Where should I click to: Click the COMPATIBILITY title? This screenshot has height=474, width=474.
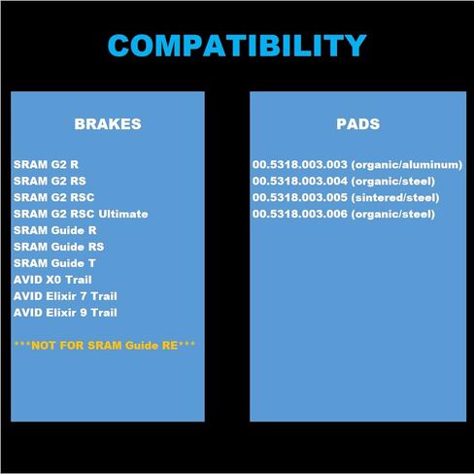point(237,46)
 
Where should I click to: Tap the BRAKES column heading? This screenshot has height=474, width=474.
point(108,124)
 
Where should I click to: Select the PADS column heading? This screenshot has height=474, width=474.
point(358,124)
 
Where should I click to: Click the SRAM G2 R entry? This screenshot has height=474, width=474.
point(46,164)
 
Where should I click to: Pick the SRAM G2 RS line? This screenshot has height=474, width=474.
point(50,181)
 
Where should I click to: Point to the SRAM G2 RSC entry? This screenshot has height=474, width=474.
point(54,197)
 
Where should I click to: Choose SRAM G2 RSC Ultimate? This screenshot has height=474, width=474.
point(81,214)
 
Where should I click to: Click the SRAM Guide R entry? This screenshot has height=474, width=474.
point(55,230)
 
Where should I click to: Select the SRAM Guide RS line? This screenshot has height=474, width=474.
point(59,247)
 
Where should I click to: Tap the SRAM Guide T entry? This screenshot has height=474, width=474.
point(54,263)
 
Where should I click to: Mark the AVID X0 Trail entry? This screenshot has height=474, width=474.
point(52,280)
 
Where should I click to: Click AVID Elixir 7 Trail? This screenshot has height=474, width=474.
point(65,296)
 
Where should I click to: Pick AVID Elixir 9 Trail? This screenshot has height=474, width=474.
point(65,313)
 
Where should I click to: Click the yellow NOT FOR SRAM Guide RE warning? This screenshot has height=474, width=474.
point(105,346)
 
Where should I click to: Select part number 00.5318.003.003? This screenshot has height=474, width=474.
point(300,164)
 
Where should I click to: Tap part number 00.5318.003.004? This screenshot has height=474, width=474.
point(300,181)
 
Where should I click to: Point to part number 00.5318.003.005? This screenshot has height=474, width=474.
point(300,197)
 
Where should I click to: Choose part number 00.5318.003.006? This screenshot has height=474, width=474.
point(300,214)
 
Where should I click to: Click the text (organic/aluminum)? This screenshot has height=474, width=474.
point(407,165)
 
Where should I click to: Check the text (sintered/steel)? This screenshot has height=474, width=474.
point(395,198)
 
